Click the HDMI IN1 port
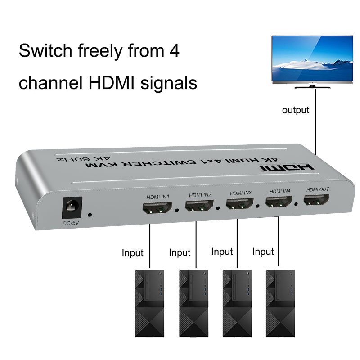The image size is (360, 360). [x=157, y=208]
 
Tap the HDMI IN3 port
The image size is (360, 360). [x=239, y=205]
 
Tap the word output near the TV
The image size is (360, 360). [x=296, y=110]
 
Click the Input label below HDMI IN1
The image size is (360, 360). [x=132, y=252]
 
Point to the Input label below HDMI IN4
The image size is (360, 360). [x=263, y=252]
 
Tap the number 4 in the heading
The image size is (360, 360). [x=174, y=50]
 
